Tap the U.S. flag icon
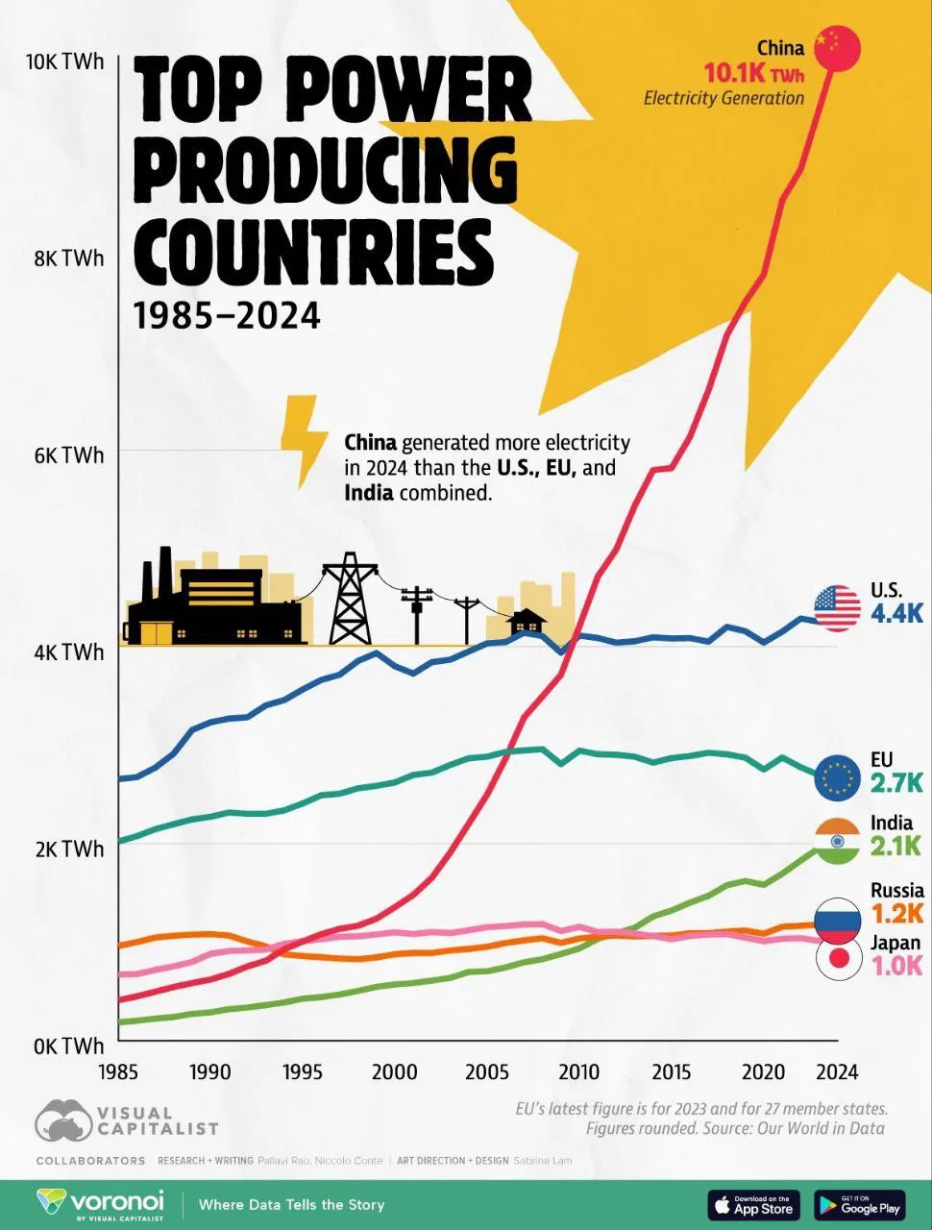pyautogui.click(x=837, y=608)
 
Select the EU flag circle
pyautogui.click(x=837, y=777)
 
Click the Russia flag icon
pyautogui.click(x=837, y=921)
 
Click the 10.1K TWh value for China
pyautogui.click(x=753, y=73)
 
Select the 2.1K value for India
pyautogui.click(x=895, y=847)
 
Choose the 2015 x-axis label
pyautogui.click(x=671, y=1071)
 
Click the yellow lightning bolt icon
pyautogui.click(x=304, y=439)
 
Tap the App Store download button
pyautogui.click(x=754, y=1204)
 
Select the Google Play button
pyautogui.click(x=859, y=1204)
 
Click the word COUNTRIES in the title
pyautogui.click(x=314, y=247)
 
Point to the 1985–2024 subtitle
pyautogui.click(x=227, y=315)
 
